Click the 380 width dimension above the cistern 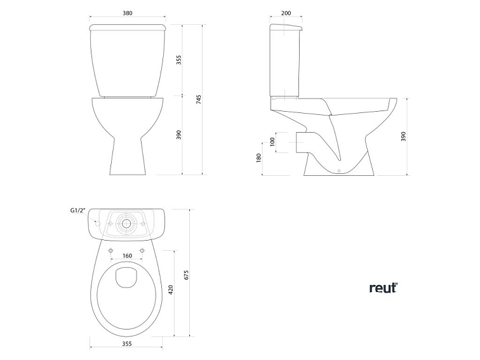click(x=128, y=13)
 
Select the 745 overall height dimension click(x=199, y=99)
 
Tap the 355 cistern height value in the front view click(x=179, y=60)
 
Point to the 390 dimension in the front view click(x=179, y=135)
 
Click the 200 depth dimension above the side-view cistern click(x=285, y=13)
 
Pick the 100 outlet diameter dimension click(x=273, y=142)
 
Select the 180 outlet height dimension click(x=259, y=157)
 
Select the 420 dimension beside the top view click(x=170, y=291)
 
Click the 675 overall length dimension click(x=187, y=274)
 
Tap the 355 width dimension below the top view click(x=126, y=343)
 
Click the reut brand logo click(x=383, y=288)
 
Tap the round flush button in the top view click(x=127, y=223)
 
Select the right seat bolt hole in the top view click(x=142, y=250)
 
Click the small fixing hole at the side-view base click(x=340, y=170)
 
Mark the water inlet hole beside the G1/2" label click(x=97, y=223)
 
